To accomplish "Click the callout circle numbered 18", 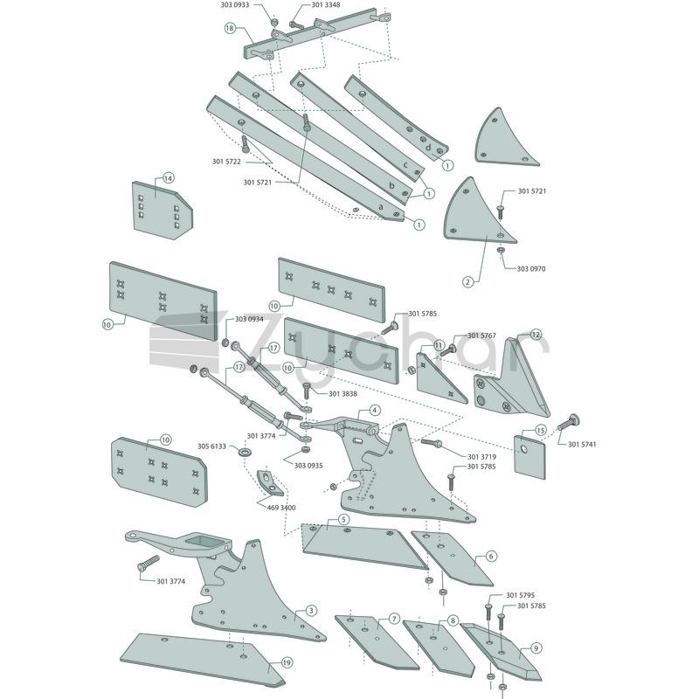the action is (x=230, y=29).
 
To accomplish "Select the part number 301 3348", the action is (x=325, y=5).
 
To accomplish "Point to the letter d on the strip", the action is (x=428, y=148).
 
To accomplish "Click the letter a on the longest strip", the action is (x=381, y=207).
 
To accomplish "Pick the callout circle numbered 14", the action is (x=168, y=178).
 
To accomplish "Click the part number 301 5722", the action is (x=226, y=162).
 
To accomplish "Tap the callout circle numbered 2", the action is (x=467, y=281).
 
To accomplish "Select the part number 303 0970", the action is (x=531, y=269).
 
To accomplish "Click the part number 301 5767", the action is (x=481, y=336).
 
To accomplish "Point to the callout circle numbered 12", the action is (x=536, y=335).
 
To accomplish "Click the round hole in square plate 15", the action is (x=524, y=448).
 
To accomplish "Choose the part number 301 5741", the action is (x=582, y=444).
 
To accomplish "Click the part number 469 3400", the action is (x=281, y=508).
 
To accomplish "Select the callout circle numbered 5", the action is (x=343, y=519).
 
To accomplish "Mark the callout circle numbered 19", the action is (x=287, y=663).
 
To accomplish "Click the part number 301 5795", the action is (x=520, y=595).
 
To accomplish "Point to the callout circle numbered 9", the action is (x=536, y=648).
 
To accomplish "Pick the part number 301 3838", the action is (x=343, y=394).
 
